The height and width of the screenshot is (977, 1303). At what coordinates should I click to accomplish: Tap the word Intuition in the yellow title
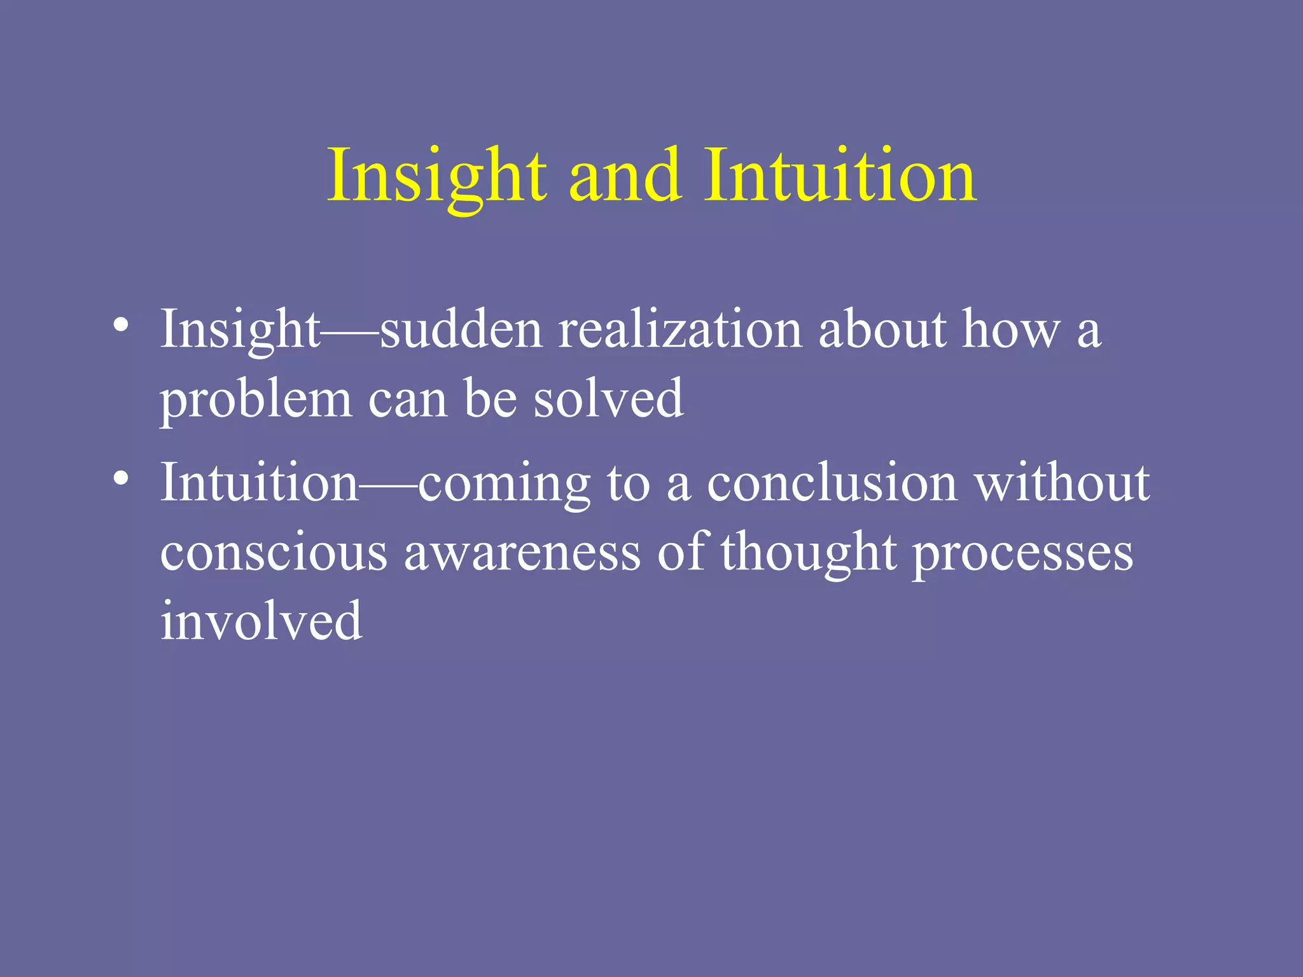[840, 176]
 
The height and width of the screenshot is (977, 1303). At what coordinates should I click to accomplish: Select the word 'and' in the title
[624, 176]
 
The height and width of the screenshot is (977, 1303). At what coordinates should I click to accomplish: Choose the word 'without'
[1063, 483]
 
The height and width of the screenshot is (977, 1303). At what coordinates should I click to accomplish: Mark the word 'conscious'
[274, 552]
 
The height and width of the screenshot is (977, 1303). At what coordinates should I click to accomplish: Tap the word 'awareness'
[522, 552]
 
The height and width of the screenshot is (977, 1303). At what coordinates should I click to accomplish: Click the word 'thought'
[809, 552]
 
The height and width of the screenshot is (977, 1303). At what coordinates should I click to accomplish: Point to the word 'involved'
[261, 621]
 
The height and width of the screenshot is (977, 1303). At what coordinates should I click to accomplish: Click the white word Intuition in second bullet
[259, 483]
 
